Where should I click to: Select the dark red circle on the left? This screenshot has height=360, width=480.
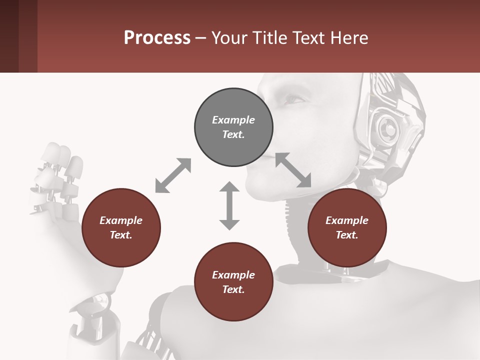[x=121, y=227]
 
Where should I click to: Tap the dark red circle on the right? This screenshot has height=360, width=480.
[x=347, y=227]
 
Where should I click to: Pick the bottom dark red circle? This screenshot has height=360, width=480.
[x=233, y=282]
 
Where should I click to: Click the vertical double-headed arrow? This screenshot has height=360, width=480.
[x=229, y=205]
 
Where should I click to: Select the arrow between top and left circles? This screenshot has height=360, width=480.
[x=173, y=175]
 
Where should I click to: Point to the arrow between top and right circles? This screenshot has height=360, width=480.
[x=293, y=170]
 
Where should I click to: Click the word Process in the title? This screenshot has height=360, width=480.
[x=157, y=37]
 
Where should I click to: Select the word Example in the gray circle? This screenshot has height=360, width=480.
[x=233, y=120]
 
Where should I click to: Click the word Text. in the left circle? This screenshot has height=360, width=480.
[x=121, y=235]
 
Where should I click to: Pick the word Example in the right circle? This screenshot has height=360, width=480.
[x=347, y=220]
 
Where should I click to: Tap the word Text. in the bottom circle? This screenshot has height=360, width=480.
[x=233, y=289]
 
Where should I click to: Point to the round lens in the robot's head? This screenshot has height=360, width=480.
[x=388, y=129]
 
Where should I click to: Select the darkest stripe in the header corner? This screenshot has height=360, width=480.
[x=9, y=36]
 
